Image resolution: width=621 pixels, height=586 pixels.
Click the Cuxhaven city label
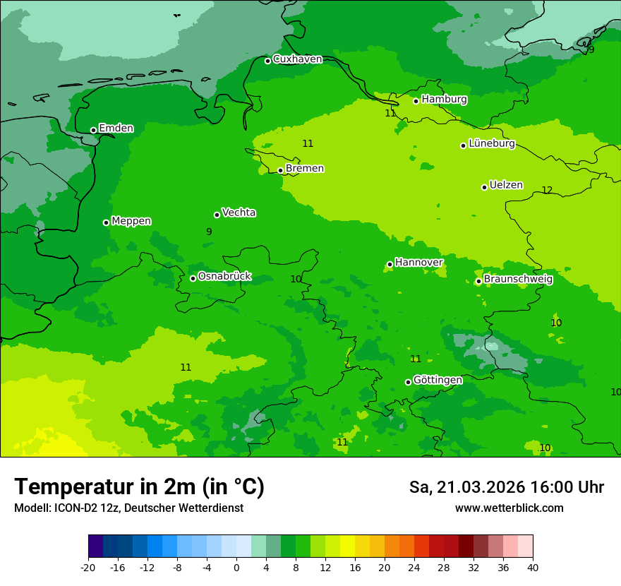point(297,59)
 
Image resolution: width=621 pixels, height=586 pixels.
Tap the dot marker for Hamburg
point(416,101)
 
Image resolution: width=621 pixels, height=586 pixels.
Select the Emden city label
point(116,128)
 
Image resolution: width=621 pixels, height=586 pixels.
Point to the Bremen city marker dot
point(280,170)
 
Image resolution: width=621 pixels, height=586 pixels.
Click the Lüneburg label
point(491,143)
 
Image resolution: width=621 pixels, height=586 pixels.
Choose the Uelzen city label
point(506,185)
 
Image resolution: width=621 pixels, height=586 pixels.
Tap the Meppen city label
point(131,221)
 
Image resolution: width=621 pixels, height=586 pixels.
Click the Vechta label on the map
point(239,213)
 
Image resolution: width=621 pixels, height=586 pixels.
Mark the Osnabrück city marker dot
point(193,278)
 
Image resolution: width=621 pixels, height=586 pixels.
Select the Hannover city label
point(418,263)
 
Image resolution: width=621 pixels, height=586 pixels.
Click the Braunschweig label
point(518,279)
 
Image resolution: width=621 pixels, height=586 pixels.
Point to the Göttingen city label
point(438,380)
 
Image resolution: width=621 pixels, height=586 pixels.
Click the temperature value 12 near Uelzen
point(547,191)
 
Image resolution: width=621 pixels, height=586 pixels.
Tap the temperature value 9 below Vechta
point(209,232)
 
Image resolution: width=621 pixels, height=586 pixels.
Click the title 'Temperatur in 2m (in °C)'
point(139,487)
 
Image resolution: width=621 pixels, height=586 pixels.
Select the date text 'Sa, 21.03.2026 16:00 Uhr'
point(506,487)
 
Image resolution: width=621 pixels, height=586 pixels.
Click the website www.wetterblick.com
point(509,508)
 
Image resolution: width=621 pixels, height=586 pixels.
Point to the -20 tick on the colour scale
point(88,567)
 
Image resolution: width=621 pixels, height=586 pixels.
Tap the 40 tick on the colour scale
point(533,567)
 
